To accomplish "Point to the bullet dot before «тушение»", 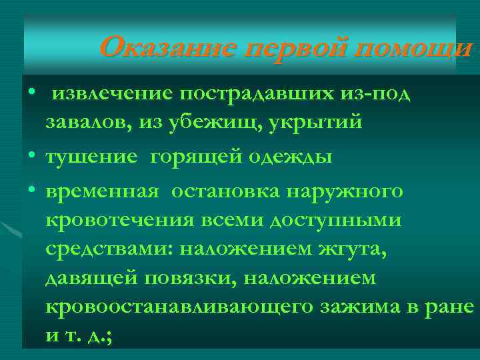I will coord(31,155).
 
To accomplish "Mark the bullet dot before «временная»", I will coord(31,191).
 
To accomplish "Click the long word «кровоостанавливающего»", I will coord(179,307).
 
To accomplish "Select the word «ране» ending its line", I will coord(450,307).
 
